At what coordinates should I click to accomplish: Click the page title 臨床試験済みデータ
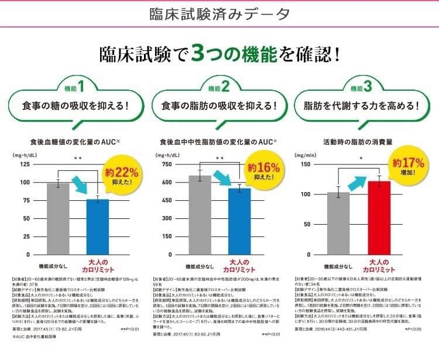point(219,13)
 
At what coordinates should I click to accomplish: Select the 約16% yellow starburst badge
point(264,171)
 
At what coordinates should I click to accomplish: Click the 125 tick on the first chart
point(25,164)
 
